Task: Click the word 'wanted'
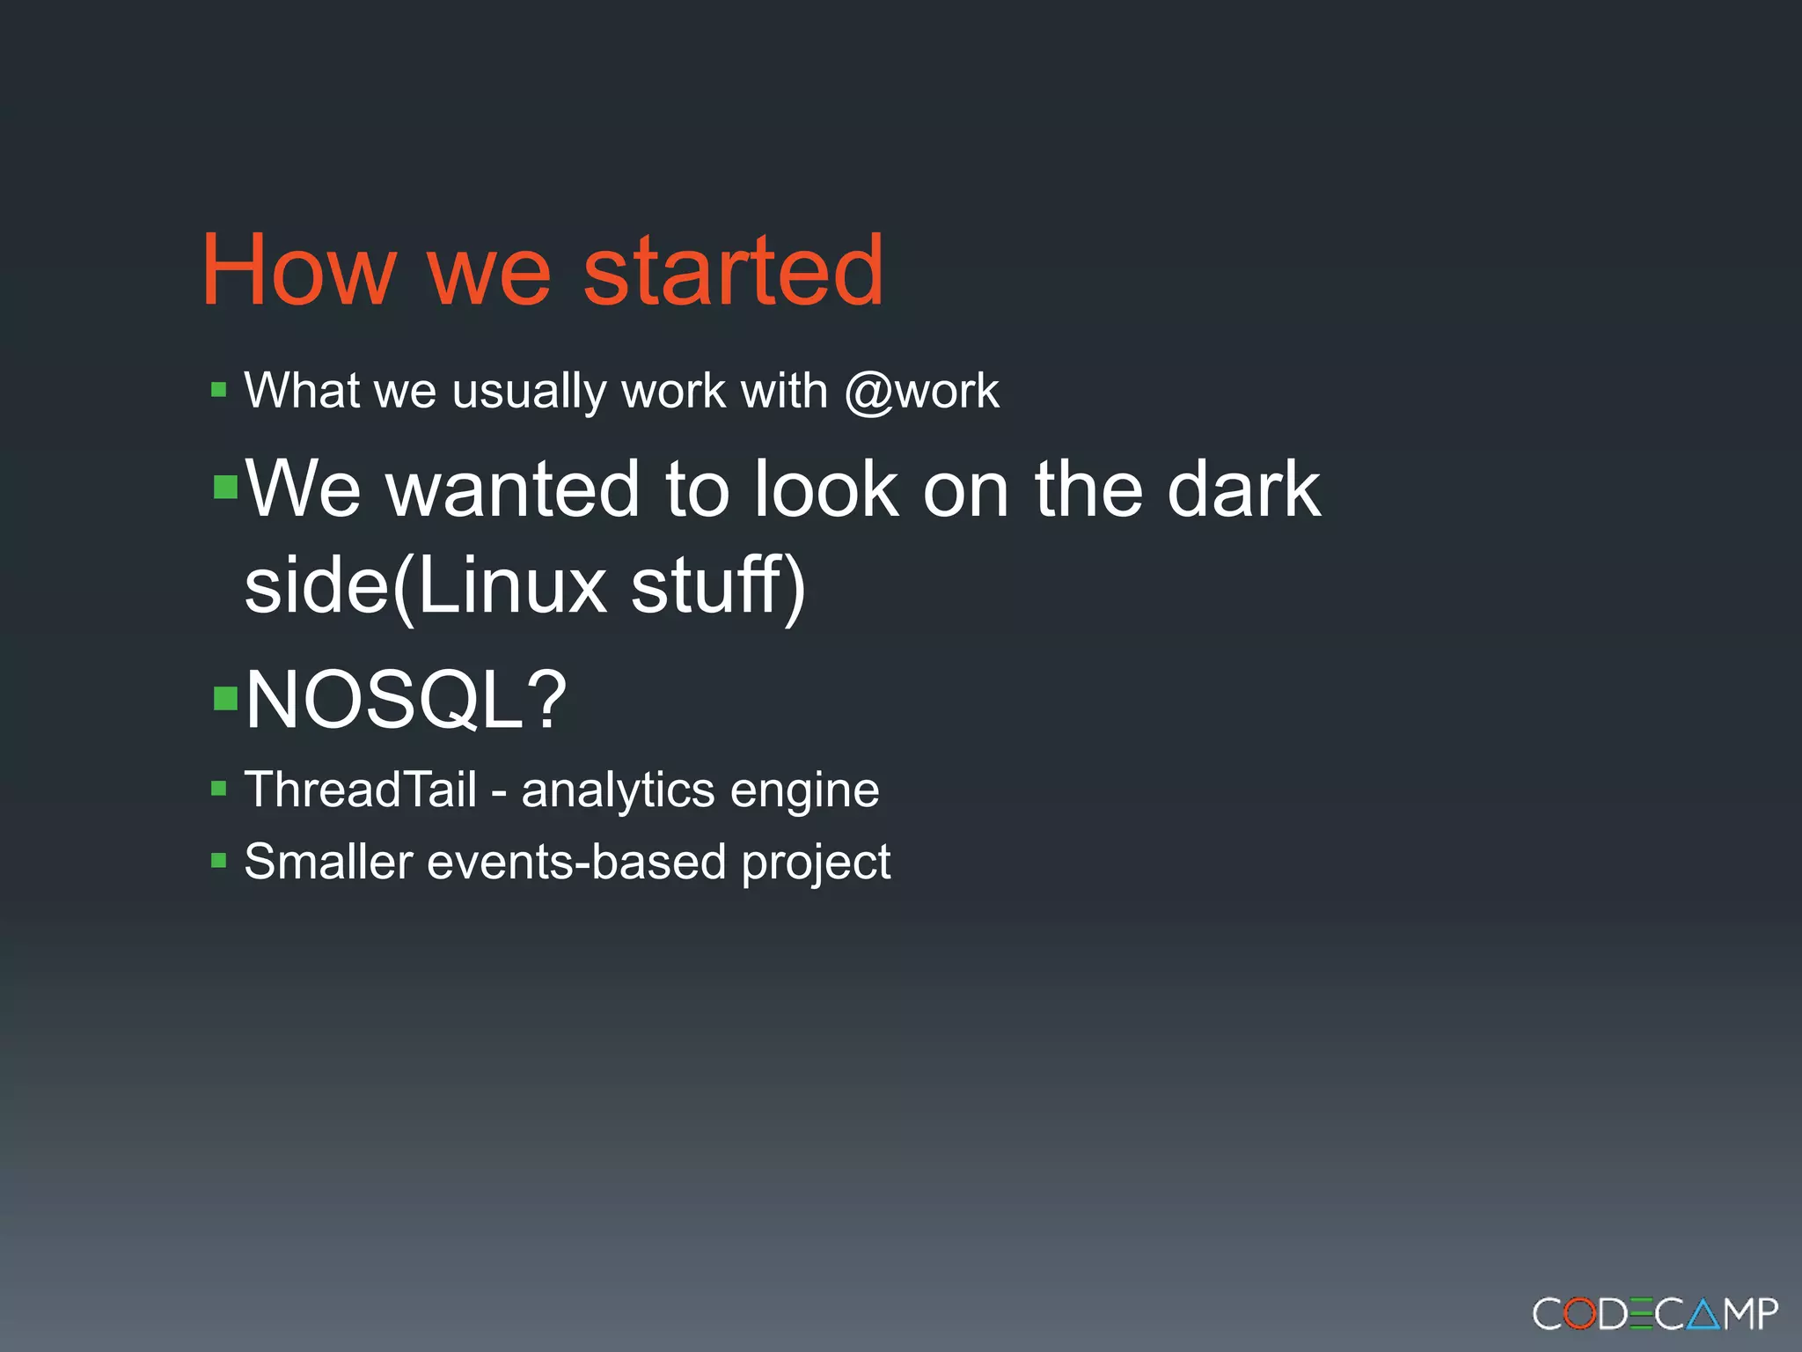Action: point(512,489)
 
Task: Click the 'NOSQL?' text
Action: point(406,700)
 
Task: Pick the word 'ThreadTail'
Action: point(360,789)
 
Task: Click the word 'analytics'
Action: point(618,790)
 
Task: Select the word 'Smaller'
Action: point(328,861)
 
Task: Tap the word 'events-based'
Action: point(576,861)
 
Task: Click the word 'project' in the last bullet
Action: point(816,863)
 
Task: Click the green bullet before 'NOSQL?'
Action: point(226,698)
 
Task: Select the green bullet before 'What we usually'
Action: point(219,389)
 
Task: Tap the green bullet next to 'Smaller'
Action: point(219,860)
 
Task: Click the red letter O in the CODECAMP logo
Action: point(1580,1314)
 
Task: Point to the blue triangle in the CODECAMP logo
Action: point(1704,1314)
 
